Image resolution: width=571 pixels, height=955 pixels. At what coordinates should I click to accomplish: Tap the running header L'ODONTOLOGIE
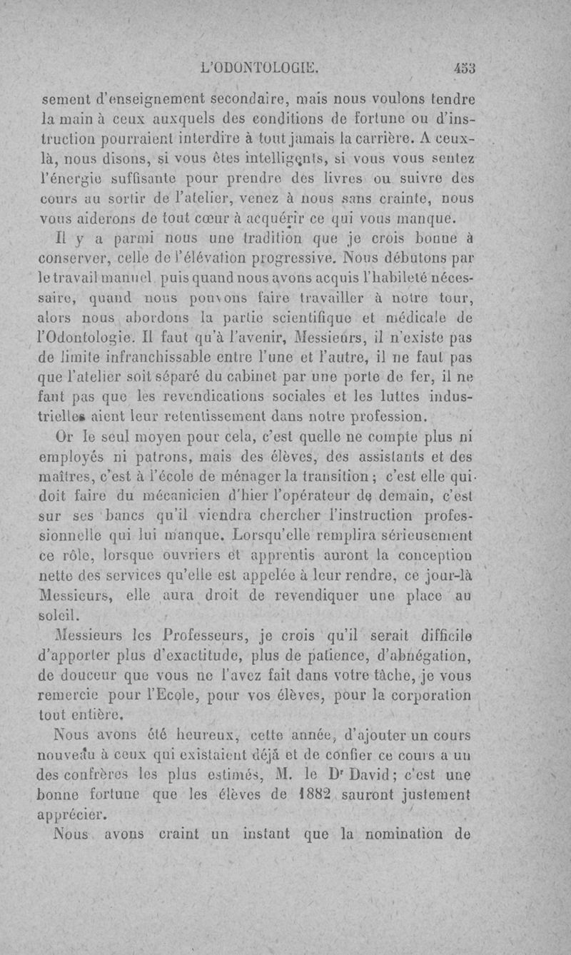260,69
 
